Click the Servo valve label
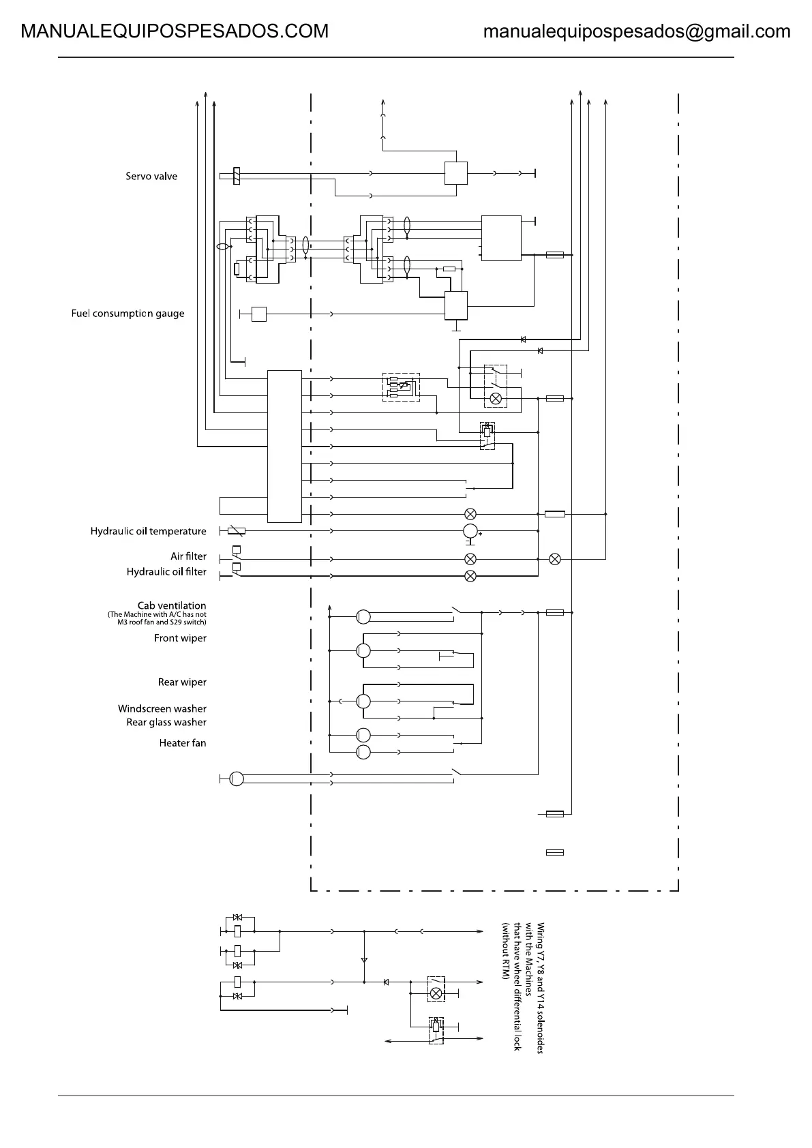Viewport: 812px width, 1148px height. click(151, 177)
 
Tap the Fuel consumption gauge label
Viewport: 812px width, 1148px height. click(127, 314)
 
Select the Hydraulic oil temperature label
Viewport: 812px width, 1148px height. click(148, 532)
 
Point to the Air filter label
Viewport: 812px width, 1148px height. click(188, 556)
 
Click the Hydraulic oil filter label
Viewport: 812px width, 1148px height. click(166, 572)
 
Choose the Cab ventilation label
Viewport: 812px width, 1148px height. click(172, 605)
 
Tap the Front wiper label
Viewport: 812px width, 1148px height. click(180, 639)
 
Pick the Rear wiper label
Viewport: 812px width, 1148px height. click(182, 682)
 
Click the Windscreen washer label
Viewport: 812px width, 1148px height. click(162, 709)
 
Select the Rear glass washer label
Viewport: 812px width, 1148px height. click(166, 723)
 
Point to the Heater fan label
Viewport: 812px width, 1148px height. click(183, 743)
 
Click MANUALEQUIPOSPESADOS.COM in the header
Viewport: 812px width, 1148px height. click(175, 31)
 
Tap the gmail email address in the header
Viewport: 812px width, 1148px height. click(637, 31)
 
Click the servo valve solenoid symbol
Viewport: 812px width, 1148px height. click(236, 176)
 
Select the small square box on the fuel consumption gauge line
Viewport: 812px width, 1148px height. click(258, 314)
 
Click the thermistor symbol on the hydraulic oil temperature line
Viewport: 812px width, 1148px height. click(236, 531)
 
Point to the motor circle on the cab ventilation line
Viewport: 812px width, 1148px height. click(363, 616)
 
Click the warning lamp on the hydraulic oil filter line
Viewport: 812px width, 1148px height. click(470, 576)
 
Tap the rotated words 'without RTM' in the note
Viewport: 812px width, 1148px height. click(506, 952)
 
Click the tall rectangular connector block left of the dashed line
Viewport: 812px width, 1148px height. click(284, 446)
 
